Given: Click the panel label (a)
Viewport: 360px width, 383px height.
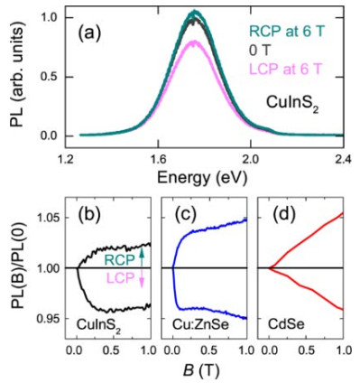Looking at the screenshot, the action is [89, 33].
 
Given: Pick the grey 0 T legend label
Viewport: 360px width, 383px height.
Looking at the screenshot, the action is [260, 50].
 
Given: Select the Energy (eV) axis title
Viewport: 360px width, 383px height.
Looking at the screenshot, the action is [202, 178].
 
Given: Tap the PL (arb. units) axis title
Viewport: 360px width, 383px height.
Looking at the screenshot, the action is [19, 76].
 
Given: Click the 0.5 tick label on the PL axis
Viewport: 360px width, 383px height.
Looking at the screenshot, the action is [48, 77].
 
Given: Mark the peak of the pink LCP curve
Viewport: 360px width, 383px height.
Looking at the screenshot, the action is [194, 42].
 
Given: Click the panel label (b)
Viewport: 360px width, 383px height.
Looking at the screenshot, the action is [89, 214].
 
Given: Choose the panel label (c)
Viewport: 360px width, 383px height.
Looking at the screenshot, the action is [185, 214].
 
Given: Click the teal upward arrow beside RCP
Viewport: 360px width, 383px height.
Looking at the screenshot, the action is [142, 258].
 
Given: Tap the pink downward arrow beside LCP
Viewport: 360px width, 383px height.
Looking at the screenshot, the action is [142, 278].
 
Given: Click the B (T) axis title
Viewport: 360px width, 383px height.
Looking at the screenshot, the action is [202, 369].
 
